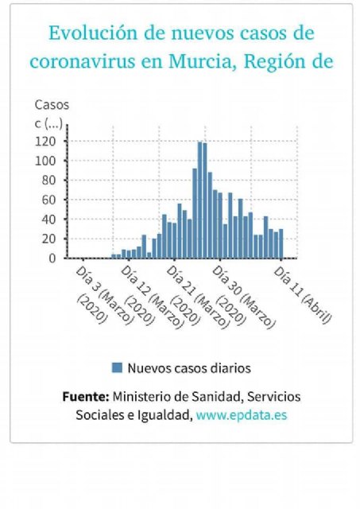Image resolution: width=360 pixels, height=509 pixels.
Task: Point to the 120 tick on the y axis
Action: [46, 142]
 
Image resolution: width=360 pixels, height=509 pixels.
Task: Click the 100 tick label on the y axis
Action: [46, 161]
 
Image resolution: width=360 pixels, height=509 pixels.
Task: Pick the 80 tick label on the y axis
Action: [49, 181]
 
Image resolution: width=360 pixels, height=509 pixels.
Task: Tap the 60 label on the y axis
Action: [49, 200]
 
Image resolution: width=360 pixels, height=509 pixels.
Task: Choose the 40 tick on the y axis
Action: [49, 220]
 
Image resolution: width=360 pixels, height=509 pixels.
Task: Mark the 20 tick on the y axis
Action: [49, 239]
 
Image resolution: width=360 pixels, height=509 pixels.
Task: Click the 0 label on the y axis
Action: [52, 258]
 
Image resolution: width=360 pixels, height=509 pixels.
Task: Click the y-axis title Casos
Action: [52, 104]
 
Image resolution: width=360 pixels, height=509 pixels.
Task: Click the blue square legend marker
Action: [117, 367]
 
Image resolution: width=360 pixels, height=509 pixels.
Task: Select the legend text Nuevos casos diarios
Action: [189, 367]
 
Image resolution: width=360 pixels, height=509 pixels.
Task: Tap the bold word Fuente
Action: [85, 396]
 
